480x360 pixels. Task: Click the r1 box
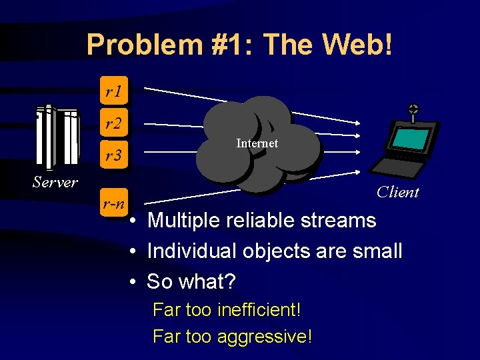click(113, 91)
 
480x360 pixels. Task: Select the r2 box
click(113, 123)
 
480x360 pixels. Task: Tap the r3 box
click(113, 156)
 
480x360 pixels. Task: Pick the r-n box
click(113, 203)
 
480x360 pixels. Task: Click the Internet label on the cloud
click(257, 143)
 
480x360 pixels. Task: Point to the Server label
click(55, 182)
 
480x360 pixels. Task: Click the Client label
click(397, 193)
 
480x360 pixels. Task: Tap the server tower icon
click(57, 137)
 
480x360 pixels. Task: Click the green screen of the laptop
click(410, 137)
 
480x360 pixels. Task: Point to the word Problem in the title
click(133, 45)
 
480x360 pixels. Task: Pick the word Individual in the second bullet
click(193, 251)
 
